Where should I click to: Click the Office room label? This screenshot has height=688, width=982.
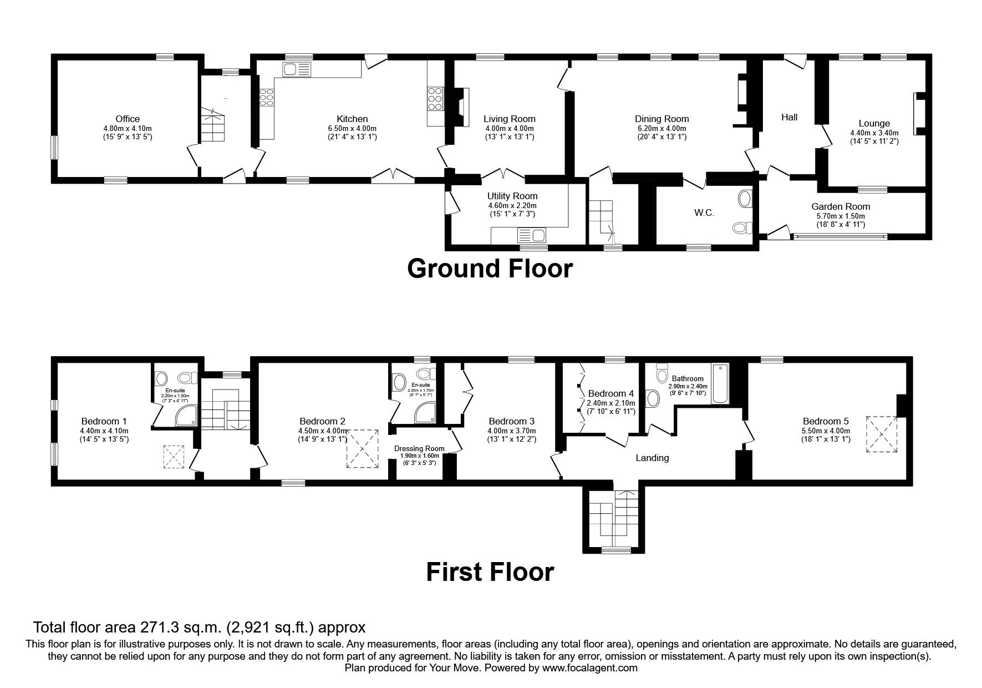coord(128,119)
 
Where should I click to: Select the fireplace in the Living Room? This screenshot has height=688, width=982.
coord(461,109)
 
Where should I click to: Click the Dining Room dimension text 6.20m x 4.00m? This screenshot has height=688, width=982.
coord(662,128)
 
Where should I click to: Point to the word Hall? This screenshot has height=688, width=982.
coord(789,117)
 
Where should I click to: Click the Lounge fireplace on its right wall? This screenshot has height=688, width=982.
coord(919,113)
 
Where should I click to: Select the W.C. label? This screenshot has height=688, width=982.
coord(704,213)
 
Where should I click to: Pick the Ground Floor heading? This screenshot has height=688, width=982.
coord(490,269)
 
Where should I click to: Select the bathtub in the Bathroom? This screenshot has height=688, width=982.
coord(720,384)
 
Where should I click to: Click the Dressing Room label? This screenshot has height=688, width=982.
coord(419,448)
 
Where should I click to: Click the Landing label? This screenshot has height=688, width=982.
coord(652,458)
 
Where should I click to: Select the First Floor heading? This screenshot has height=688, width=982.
coord(490,572)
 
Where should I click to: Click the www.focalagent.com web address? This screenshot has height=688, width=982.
coord(590,668)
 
